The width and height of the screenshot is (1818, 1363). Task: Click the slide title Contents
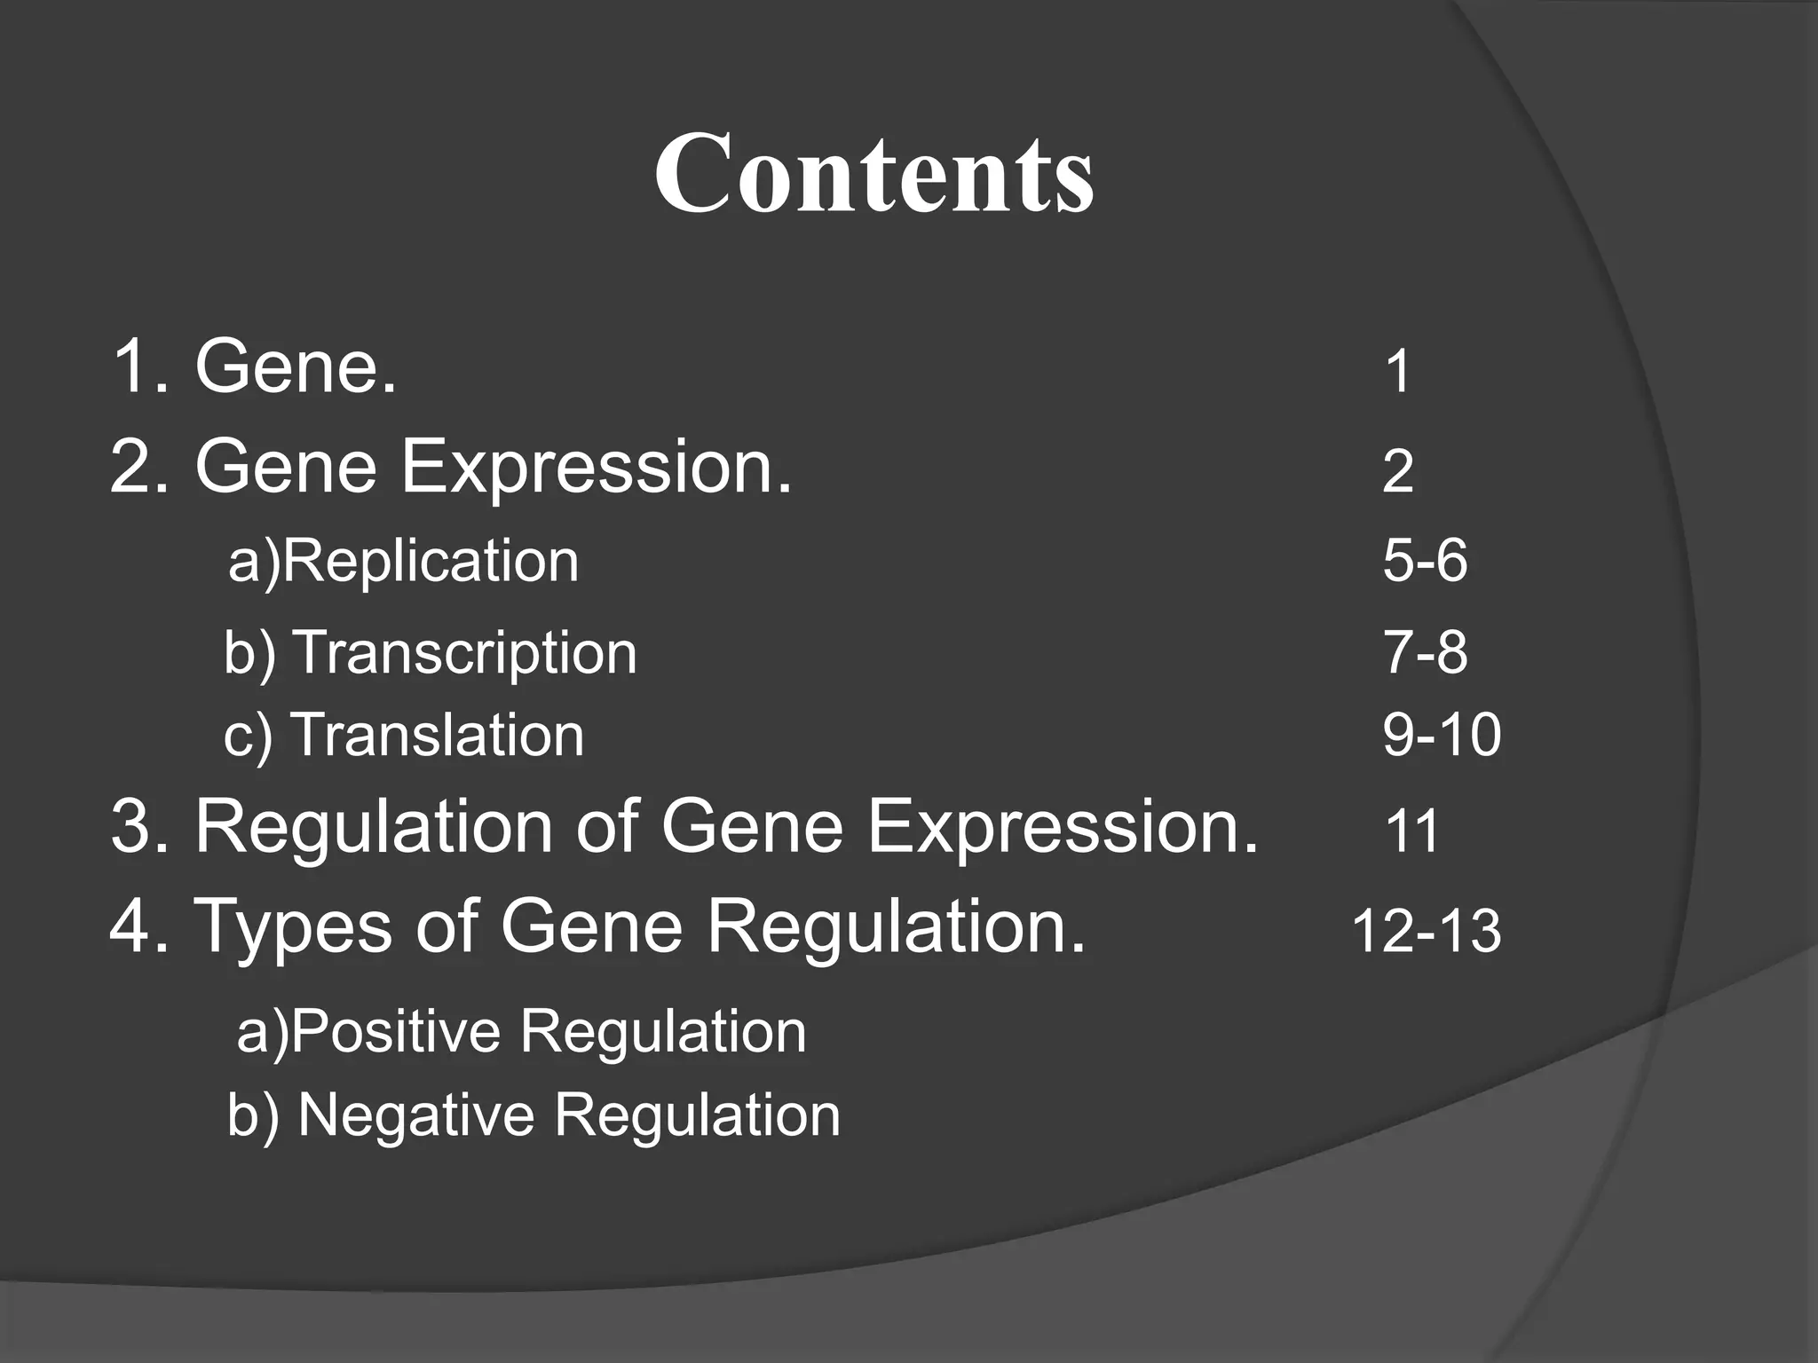(874, 172)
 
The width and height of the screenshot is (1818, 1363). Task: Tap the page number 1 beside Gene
(1397, 372)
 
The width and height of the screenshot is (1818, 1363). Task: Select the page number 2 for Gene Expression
(1397, 471)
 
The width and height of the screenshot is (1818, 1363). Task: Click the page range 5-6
(1425, 562)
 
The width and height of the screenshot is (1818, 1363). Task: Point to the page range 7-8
(1425, 653)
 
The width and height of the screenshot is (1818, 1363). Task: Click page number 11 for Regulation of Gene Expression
(1411, 832)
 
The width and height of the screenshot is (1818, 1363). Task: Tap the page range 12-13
(1426, 932)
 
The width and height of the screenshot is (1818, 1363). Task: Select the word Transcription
(464, 654)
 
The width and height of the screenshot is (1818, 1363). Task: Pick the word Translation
(438, 736)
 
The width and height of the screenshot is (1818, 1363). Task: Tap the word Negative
(415, 1115)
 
